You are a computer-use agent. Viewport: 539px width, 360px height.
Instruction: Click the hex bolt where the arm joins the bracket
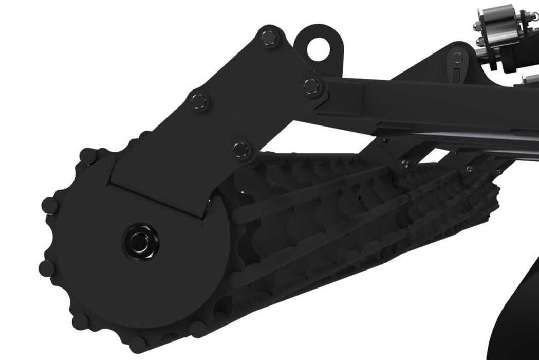(x=310, y=85)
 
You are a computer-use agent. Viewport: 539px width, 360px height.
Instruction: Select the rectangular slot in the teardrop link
(x=457, y=74)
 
